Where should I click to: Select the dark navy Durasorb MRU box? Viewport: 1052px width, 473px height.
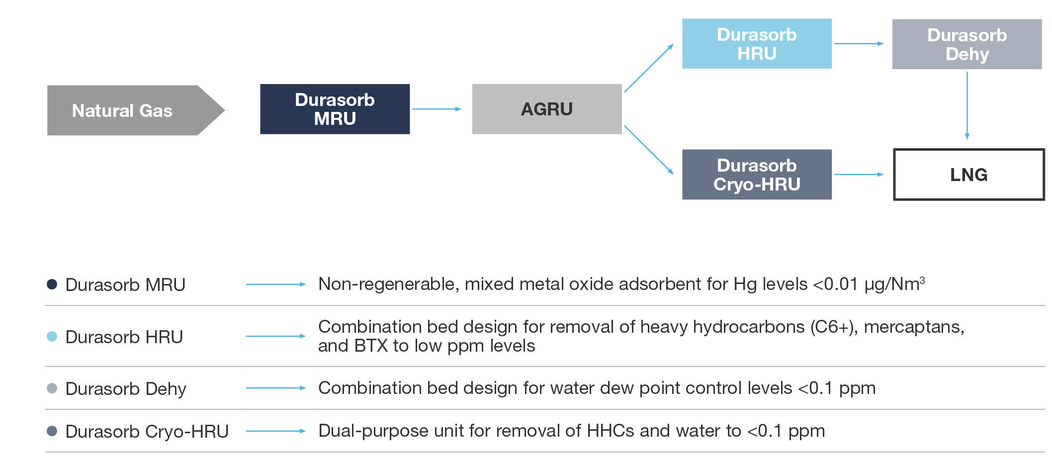335,109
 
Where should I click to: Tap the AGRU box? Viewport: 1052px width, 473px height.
546,109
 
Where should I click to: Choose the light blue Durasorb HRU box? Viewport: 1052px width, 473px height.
756,44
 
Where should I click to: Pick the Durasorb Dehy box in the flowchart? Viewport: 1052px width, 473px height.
966,44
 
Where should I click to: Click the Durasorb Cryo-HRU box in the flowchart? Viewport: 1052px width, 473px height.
756,175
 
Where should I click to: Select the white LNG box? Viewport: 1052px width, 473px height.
968,175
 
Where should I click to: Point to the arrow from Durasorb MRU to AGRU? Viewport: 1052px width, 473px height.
437,109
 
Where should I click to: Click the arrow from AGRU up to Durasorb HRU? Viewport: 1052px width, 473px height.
649,68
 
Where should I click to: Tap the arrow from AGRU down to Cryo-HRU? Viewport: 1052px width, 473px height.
649,150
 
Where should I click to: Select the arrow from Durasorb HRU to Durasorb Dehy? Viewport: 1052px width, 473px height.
858,44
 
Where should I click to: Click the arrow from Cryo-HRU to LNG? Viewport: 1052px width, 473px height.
858,175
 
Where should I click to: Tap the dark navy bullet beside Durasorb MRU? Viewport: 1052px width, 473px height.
52,284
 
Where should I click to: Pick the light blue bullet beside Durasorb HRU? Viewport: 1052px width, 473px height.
52,337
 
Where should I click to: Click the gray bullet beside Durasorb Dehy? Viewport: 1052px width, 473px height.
52,388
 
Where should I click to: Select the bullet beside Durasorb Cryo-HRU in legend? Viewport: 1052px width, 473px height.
52,431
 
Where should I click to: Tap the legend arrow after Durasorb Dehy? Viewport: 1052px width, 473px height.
275,388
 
